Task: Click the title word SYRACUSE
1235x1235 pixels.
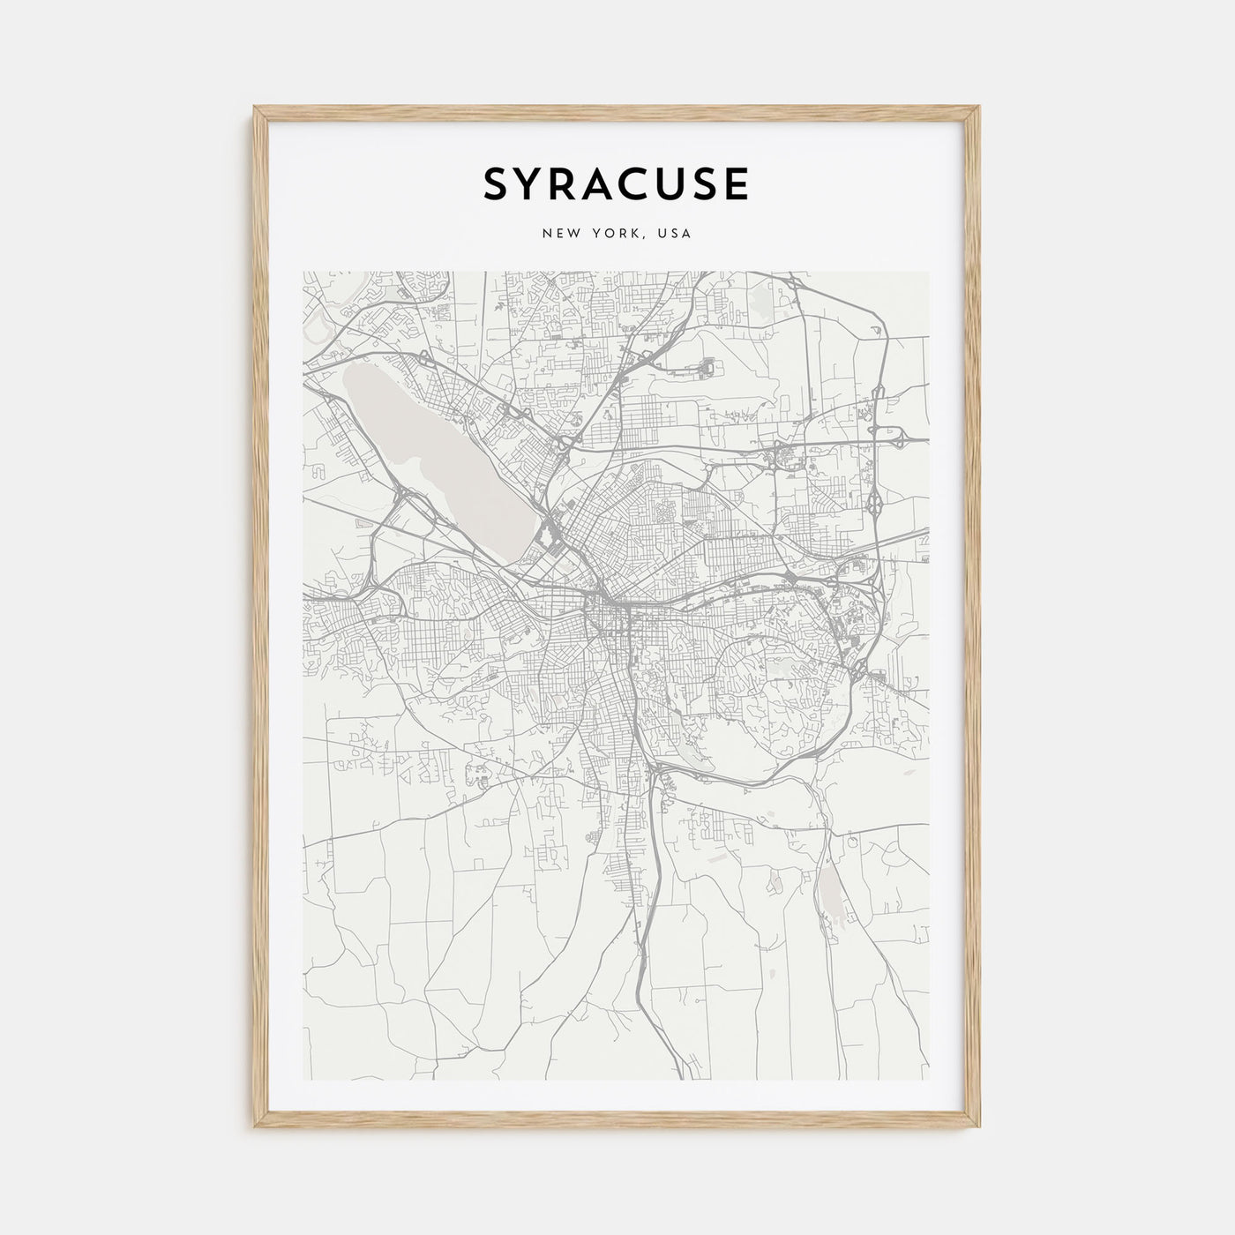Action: [617, 183]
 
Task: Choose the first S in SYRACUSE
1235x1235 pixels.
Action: [497, 183]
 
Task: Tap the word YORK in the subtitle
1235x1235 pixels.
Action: [615, 234]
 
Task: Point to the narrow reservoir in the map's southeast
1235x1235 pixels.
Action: [831, 887]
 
